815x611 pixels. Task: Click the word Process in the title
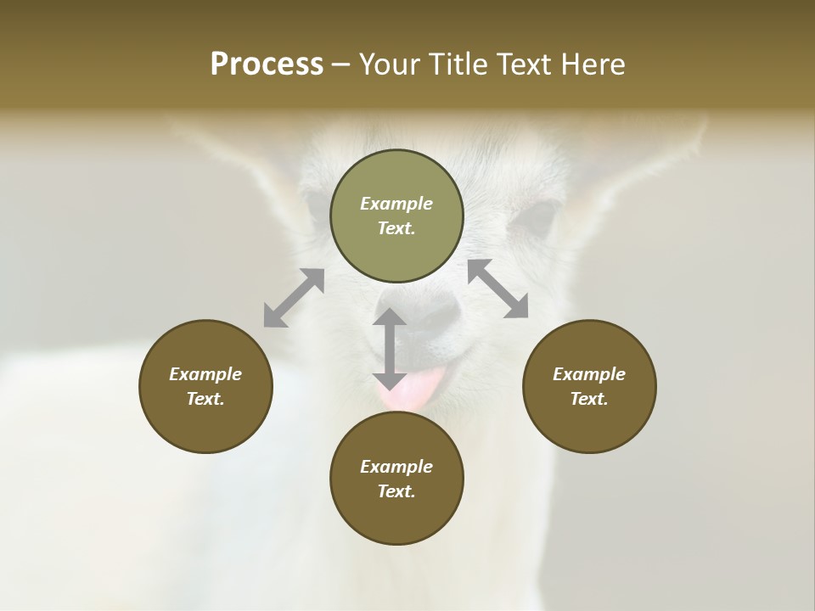pos(267,64)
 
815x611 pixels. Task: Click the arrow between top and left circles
pos(294,298)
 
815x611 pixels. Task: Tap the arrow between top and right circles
pos(498,289)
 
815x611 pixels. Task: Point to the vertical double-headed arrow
pos(390,349)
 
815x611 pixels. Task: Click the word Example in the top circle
pos(396,204)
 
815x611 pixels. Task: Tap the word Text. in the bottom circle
pos(396,491)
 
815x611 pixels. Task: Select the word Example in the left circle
pos(205,374)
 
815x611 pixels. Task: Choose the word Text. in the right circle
pos(589,399)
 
